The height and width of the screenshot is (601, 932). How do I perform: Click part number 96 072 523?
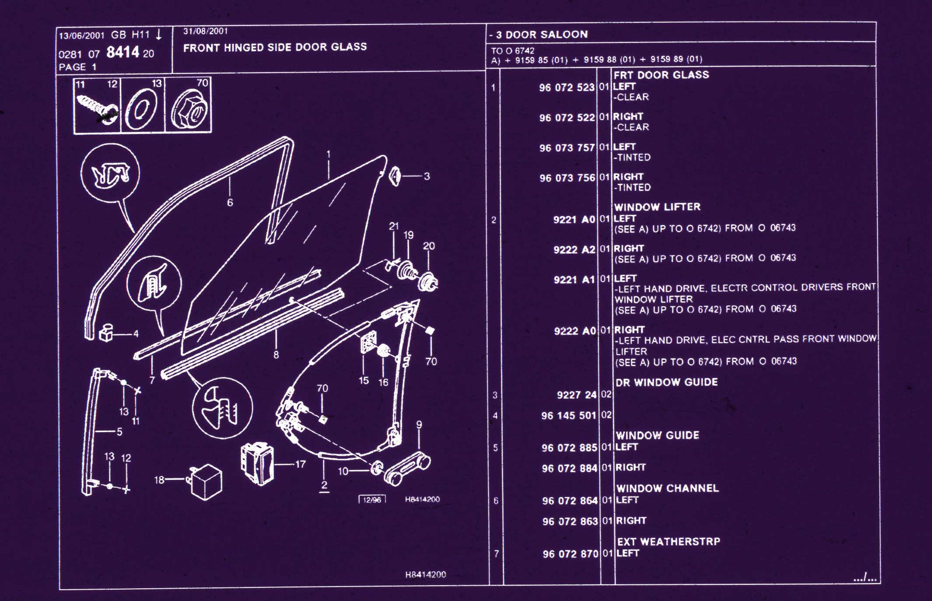pos(566,88)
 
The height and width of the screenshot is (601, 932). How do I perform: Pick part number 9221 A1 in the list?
pos(574,280)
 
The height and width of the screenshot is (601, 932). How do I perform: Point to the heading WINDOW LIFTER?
pos(657,207)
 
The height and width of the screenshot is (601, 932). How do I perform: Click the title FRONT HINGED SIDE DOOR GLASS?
pos(275,47)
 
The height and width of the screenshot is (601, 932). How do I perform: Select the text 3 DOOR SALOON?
pos(541,35)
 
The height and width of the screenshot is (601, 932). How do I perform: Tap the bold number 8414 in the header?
pos(122,53)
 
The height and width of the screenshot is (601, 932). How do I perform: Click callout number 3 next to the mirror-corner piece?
pos(427,176)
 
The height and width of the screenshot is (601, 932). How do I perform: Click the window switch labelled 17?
pos(257,464)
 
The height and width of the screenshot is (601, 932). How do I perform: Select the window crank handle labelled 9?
pos(407,469)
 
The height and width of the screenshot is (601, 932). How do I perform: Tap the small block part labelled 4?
pos(106,333)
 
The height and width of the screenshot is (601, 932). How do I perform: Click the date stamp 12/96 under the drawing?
pos(372,499)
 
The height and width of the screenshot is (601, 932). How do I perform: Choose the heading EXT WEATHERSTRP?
pos(668,541)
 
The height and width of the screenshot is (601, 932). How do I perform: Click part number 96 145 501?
pos(569,415)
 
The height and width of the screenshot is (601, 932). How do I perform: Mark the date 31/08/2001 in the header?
pos(206,31)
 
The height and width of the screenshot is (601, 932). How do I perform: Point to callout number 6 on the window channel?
pos(230,203)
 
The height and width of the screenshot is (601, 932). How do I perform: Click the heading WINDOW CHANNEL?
pos(667,488)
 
